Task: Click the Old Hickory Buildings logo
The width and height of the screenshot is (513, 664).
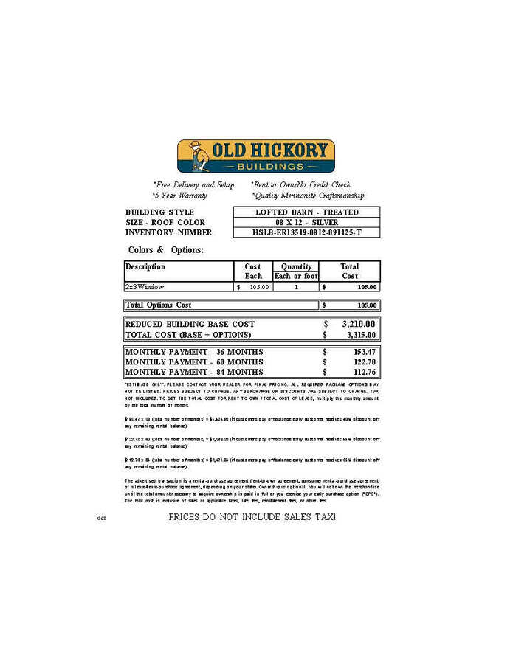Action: tap(255, 156)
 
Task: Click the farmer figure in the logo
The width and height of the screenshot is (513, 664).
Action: tap(194, 156)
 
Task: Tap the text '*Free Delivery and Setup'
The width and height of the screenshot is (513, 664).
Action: tap(193, 185)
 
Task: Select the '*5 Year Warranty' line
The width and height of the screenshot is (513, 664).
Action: tap(179, 196)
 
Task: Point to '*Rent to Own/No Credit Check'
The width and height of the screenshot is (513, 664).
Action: tap(300, 185)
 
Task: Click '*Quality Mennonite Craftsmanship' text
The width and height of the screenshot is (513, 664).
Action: tap(308, 196)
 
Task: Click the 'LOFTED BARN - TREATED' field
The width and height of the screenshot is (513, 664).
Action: tap(306, 212)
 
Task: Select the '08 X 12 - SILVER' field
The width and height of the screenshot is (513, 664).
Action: tap(306, 222)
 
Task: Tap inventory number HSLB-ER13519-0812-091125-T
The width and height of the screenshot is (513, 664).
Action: tap(306, 232)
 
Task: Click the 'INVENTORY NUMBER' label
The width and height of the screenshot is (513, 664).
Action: tap(168, 232)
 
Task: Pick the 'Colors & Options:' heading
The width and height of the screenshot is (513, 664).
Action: tap(165, 250)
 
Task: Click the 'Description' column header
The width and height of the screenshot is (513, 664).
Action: tap(145, 266)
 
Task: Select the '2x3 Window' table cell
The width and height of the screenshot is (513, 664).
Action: tap(145, 286)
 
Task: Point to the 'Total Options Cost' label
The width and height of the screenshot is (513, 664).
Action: tap(158, 305)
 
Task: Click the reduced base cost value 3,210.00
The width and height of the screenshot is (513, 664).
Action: tap(358, 324)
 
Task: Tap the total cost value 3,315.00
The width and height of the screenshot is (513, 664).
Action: tap(358, 335)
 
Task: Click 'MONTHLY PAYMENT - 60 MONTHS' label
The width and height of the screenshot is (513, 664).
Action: tap(194, 362)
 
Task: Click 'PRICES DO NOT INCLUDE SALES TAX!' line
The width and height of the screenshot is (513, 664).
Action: tap(252, 516)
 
